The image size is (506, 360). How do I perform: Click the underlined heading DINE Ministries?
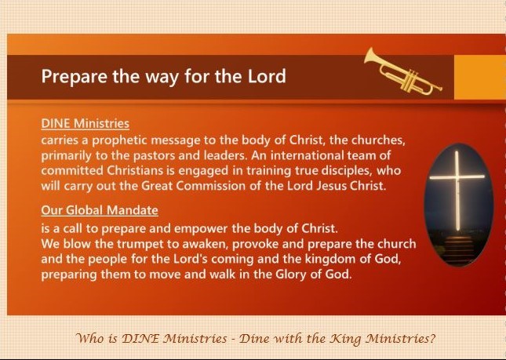pyautogui.click(x=86, y=124)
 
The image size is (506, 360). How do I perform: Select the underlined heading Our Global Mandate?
pyautogui.click(x=100, y=210)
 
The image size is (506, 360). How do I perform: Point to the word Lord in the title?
pyautogui.click(x=267, y=76)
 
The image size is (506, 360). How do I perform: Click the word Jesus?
pyautogui.click(x=326, y=186)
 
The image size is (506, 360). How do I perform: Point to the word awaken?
pyautogui.click(x=206, y=244)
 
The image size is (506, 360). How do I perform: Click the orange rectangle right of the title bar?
pyautogui.click(x=480, y=77)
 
